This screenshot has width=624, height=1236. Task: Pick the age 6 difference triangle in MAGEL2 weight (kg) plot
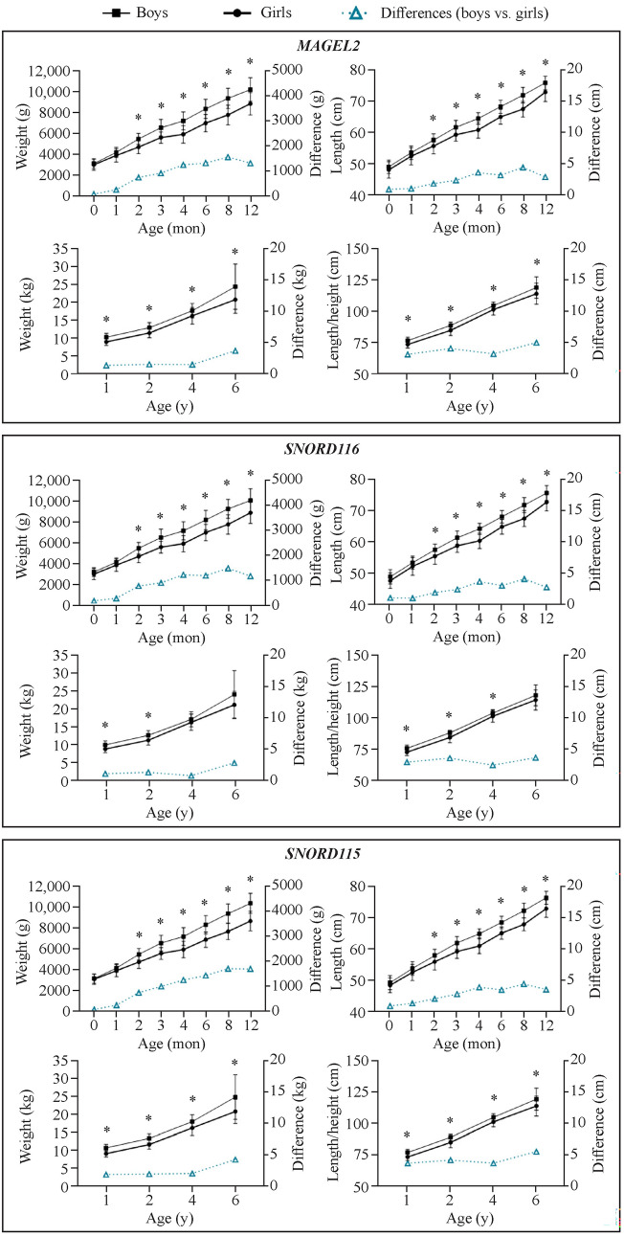point(234,351)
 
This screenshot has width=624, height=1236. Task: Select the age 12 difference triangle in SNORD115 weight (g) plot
point(251,969)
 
